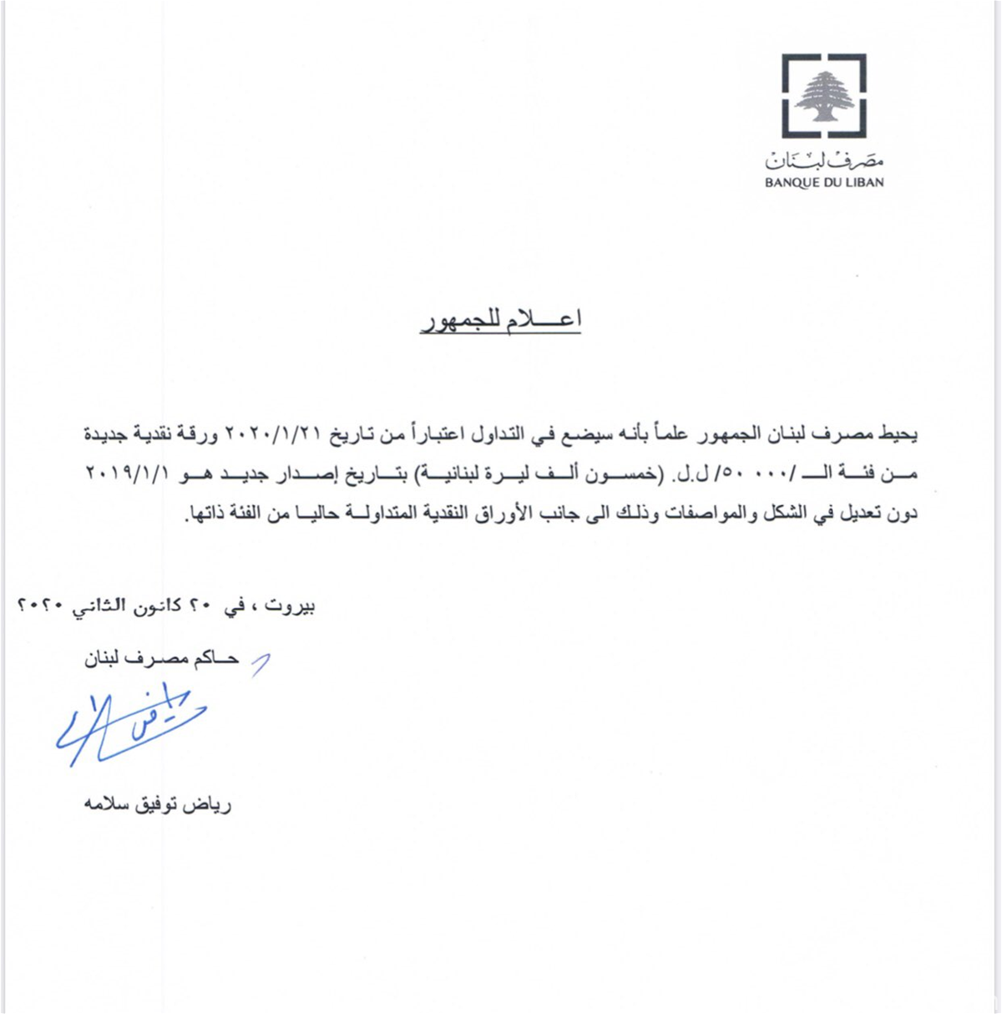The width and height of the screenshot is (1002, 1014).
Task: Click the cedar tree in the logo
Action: [823, 94]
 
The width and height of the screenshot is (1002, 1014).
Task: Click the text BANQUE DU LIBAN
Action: [823, 182]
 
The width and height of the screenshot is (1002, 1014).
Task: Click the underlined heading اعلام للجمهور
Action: [500, 320]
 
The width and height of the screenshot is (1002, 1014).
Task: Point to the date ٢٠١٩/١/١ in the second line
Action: [126, 474]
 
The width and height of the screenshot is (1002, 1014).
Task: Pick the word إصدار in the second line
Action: [276, 474]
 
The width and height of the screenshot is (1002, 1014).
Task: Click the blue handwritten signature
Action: [129, 723]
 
